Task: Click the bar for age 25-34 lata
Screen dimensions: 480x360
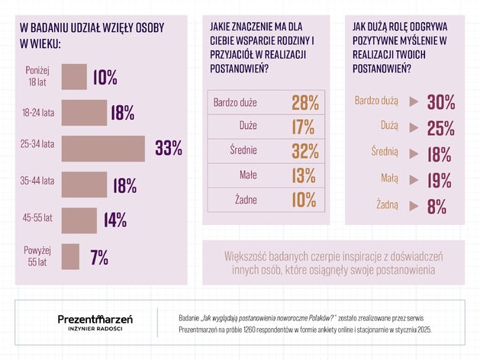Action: pos(103,148)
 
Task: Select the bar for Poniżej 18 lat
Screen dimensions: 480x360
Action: pos(74,77)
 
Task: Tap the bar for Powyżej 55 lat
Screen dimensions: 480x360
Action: pos(70,256)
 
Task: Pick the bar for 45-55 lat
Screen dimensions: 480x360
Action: pos(79,220)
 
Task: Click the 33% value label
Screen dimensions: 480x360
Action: pos(169,148)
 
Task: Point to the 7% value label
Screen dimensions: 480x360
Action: pos(99,257)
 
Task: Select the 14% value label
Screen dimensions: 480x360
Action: pos(115,220)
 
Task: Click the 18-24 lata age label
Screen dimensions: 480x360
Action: pos(38,113)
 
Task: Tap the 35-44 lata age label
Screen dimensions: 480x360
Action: pos(37,181)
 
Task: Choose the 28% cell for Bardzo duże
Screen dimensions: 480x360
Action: pos(305,102)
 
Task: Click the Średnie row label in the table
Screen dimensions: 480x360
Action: pos(243,150)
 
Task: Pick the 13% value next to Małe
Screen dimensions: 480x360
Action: pos(304,175)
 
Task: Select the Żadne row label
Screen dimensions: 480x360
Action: pos(246,200)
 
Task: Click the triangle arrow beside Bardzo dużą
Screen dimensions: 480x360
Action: pos(414,101)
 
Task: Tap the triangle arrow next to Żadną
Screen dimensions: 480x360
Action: pos(414,206)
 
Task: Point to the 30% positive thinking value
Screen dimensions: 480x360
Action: pos(441,102)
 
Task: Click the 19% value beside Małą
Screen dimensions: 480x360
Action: pos(440,181)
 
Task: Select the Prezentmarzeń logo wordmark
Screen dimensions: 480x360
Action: pos(95,319)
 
